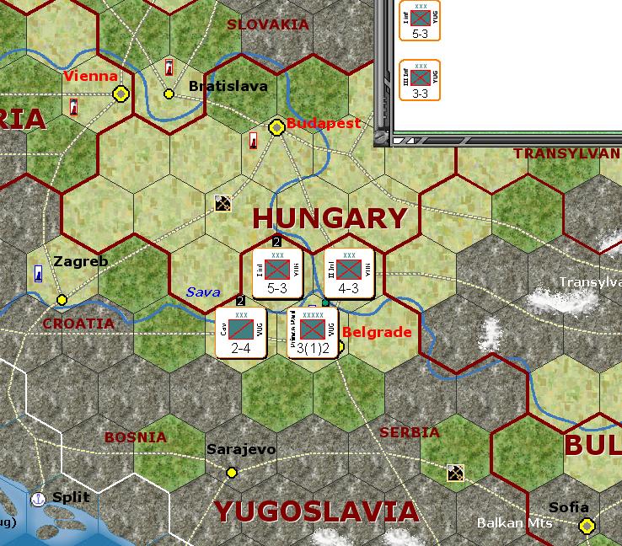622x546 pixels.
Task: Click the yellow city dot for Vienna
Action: coord(121,94)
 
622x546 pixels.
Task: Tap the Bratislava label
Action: coord(228,86)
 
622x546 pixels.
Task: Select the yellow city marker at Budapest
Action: coord(276,127)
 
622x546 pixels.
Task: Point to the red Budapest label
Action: coord(324,123)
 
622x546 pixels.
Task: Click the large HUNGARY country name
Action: coord(330,218)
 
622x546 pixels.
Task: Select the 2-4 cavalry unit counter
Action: coord(241,332)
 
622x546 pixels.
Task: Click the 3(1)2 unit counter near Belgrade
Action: coord(313,333)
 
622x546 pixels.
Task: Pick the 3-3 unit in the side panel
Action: coord(420,81)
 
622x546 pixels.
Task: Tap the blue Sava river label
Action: coord(203,292)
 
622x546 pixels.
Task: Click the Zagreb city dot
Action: coord(62,299)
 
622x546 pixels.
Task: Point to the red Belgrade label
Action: coord(377,332)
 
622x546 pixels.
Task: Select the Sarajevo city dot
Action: coord(232,472)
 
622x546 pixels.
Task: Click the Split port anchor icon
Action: coord(38,499)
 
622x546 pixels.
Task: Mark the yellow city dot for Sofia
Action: coord(587,526)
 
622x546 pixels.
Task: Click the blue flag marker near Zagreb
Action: coord(39,273)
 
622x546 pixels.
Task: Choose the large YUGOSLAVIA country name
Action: coord(315,511)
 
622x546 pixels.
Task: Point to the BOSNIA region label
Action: coord(135,437)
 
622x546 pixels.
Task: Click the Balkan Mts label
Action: coord(514,523)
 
